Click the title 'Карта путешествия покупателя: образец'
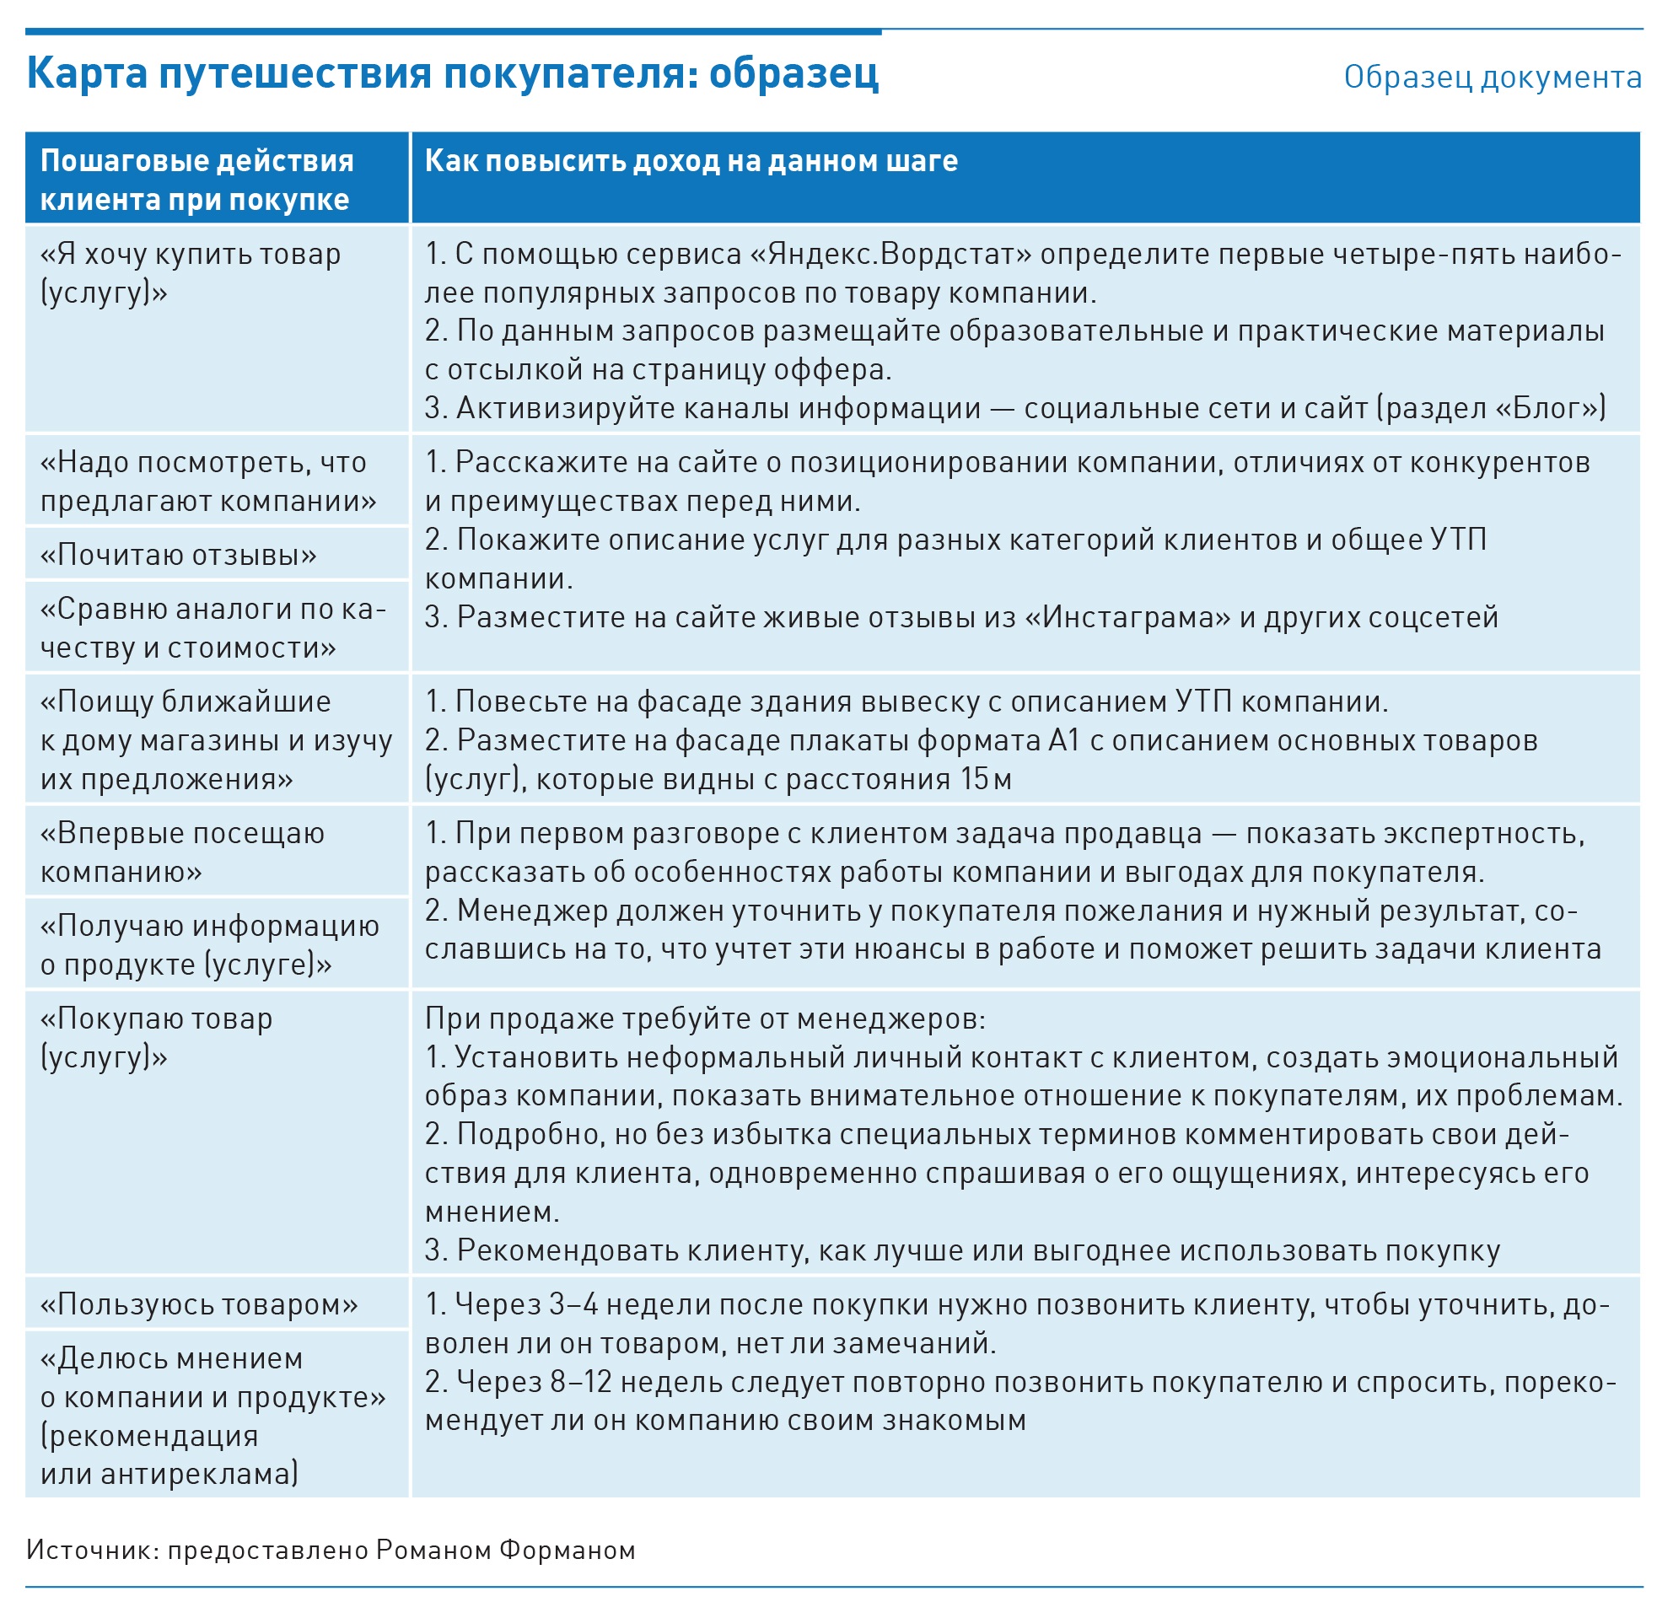click(452, 73)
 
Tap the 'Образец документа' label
click(1492, 78)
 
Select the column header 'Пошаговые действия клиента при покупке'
click(196, 180)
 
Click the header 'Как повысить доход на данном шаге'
click(691, 161)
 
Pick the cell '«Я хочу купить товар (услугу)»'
click(191, 273)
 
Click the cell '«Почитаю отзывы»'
click(179, 555)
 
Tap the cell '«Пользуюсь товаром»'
click(199, 1304)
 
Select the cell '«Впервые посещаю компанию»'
click(183, 852)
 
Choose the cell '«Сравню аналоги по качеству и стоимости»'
click(212, 628)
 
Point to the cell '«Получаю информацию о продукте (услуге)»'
click(210, 944)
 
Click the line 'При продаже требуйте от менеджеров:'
click(705, 1018)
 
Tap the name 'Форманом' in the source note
click(567, 1550)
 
